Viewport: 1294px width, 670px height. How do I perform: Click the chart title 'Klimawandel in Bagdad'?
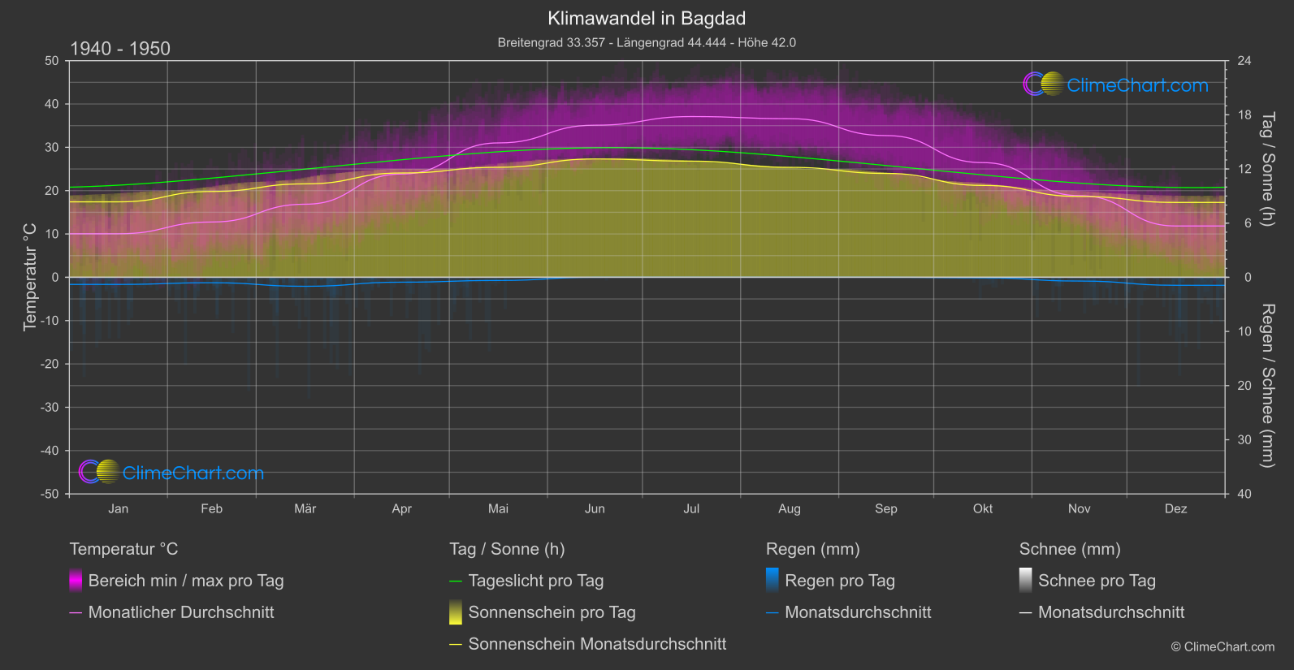647,19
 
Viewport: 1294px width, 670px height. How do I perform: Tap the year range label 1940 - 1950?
120,49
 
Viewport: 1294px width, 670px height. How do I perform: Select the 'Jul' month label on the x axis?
691,509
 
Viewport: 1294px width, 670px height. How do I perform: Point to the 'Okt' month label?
983,509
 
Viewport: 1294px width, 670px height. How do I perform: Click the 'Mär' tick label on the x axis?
305,509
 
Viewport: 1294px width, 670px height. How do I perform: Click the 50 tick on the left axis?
52,61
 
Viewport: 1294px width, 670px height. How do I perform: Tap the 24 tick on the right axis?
1244,61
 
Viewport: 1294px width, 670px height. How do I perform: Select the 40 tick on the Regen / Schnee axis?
1244,494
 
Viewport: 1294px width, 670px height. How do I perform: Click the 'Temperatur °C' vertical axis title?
30,277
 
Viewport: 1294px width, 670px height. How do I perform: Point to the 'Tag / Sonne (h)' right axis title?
1266,169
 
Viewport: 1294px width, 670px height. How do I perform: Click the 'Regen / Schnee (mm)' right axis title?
1266,386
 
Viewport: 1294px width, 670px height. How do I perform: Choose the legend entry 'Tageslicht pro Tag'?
536,581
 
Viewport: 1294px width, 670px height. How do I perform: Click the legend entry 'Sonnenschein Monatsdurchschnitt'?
597,644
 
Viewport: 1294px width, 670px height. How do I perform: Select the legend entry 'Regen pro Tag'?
840,581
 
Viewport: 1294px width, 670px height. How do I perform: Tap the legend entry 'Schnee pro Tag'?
1097,581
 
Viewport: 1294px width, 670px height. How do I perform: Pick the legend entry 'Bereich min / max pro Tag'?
186,581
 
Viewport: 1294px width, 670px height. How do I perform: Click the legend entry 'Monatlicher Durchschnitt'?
181,612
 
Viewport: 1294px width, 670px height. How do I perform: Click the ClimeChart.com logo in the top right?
1116,84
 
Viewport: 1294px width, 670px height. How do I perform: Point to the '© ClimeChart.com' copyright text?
1223,647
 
